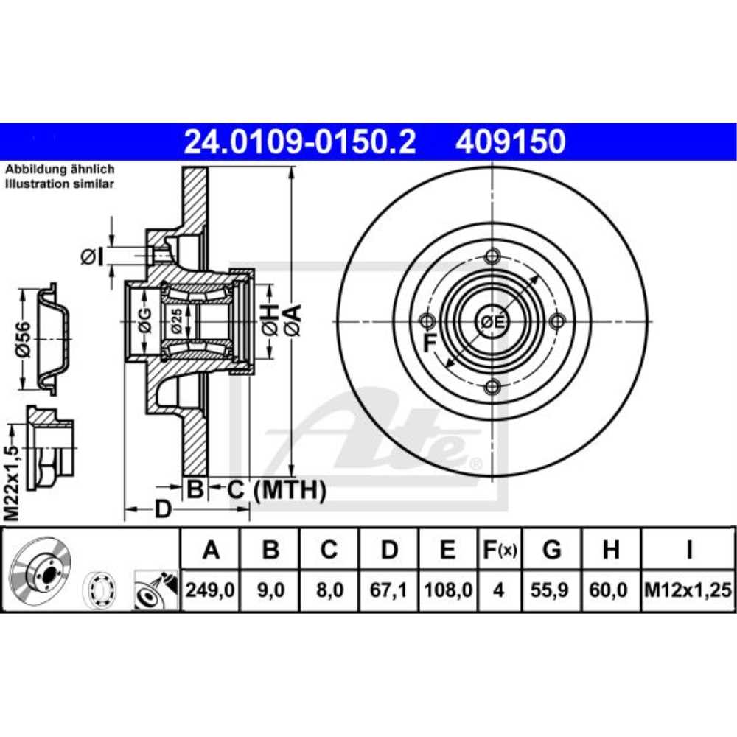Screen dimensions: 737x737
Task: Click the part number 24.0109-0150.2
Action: pos(298,142)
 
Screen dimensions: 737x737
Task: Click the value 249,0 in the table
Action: pos(211,590)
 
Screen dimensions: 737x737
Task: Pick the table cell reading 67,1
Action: pos(389,590)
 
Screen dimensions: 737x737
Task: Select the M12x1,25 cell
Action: pos(688,590)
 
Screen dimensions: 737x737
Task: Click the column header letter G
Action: pos(551,550)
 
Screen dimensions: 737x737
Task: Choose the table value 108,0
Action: pos(447,590)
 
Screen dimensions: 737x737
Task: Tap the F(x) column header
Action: pos(499,550)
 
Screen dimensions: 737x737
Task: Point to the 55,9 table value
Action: pos(551,590)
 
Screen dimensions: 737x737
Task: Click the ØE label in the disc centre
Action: pos(492,322)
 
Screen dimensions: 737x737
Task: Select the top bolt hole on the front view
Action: pos(492,256)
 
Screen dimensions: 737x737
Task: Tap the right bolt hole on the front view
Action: pos(558,321)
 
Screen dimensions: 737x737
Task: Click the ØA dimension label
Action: pos(293,319)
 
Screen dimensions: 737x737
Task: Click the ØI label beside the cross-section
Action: pos(89,256)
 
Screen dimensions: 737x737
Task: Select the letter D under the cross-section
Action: pos(163,509)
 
